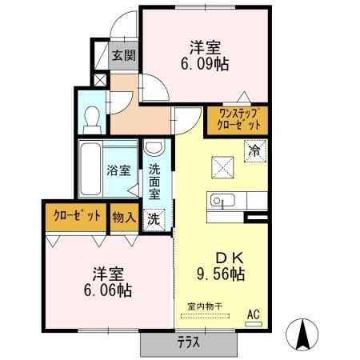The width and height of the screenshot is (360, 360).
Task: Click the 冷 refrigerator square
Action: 256,149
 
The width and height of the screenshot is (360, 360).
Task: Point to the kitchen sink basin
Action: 221,200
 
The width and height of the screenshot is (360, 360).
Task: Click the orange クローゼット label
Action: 77,216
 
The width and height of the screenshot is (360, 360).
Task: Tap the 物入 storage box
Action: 124,216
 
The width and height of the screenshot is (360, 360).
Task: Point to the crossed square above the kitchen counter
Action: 222,167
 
